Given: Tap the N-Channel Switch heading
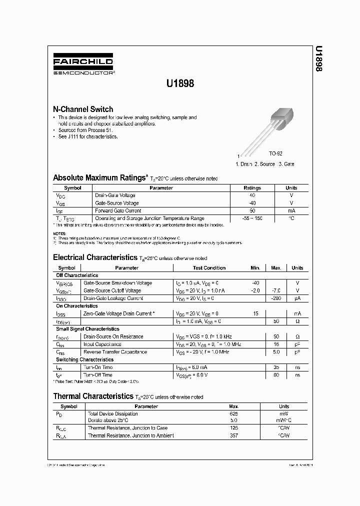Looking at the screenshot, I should coord(83,109).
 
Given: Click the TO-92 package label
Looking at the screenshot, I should coord(275,154).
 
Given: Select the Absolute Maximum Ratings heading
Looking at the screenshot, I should coord(100,177).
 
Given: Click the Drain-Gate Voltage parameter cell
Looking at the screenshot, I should coord(115,195).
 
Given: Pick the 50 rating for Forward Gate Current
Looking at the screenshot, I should coord(252,210).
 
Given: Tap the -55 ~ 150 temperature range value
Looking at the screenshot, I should coord(252,218).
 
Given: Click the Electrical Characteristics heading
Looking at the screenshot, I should coord(94,257).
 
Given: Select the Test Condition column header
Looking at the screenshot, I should coord(207,268).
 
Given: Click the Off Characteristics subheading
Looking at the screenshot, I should coord(77,275).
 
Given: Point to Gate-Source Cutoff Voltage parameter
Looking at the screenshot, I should coord(112,290).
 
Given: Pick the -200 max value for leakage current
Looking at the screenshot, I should coord(276,298).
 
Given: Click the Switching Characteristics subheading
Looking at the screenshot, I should coord(84,359).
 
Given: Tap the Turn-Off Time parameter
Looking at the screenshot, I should coord(97,374).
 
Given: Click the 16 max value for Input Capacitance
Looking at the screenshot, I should coord(276,344).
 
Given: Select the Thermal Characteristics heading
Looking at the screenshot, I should coord(92,396).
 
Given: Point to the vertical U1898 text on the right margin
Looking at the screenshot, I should coord(318,60).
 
